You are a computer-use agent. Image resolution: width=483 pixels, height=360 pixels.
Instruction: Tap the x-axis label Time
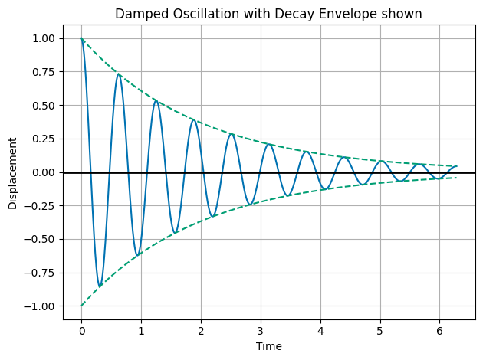coord(269,346)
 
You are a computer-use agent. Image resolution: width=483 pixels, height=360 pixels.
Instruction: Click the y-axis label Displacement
coord(13,173)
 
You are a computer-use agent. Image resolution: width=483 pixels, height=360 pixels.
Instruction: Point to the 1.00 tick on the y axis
coord(43,38)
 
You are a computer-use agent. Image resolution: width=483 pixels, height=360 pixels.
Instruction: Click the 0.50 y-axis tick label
coord(43,105)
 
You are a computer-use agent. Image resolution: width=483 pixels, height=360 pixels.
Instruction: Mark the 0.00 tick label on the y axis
coord(43,172)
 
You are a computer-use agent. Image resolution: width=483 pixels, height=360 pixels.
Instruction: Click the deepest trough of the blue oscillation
coord(100,287)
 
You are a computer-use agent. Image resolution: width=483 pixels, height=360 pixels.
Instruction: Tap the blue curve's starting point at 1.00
coord(81,38)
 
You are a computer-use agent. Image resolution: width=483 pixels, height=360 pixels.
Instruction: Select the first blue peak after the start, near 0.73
coord(118,74)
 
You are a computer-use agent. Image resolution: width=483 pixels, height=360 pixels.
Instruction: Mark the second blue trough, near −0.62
coord(137,255)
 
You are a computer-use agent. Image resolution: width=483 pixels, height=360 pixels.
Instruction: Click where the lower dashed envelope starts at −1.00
coord(81,306)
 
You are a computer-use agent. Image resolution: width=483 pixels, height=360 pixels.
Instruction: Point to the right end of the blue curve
coord(457,166)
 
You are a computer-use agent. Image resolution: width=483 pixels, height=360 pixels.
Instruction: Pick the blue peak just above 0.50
coord(156,100)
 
